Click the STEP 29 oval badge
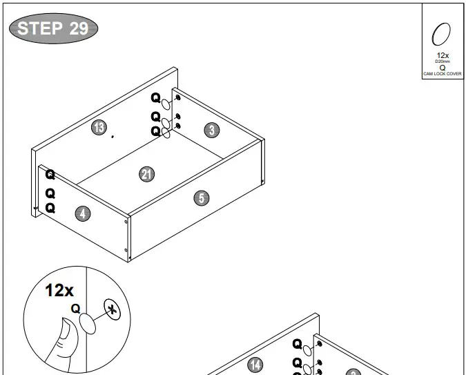tap(52, 28)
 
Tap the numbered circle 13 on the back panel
tap(99, 127)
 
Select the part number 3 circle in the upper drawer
tap(211, 129)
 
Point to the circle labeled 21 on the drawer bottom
tap(146, 174)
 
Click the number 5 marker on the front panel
tap(200, 198)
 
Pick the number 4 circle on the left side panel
tap(82, 214)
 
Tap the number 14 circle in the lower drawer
tap(255, 365)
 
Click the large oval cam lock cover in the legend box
tap(442, 34)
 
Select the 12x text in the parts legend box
tap(443, 55)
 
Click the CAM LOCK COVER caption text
tap(443, 73)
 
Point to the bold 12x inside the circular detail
tap(59, 291)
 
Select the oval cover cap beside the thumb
tap(88, 323)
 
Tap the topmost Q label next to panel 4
tap(50, 175)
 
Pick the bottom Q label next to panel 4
tap(50, 208)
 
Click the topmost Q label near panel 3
tap(155, 98)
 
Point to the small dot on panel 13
tap(113, 137)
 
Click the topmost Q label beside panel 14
tap(297, 344)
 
